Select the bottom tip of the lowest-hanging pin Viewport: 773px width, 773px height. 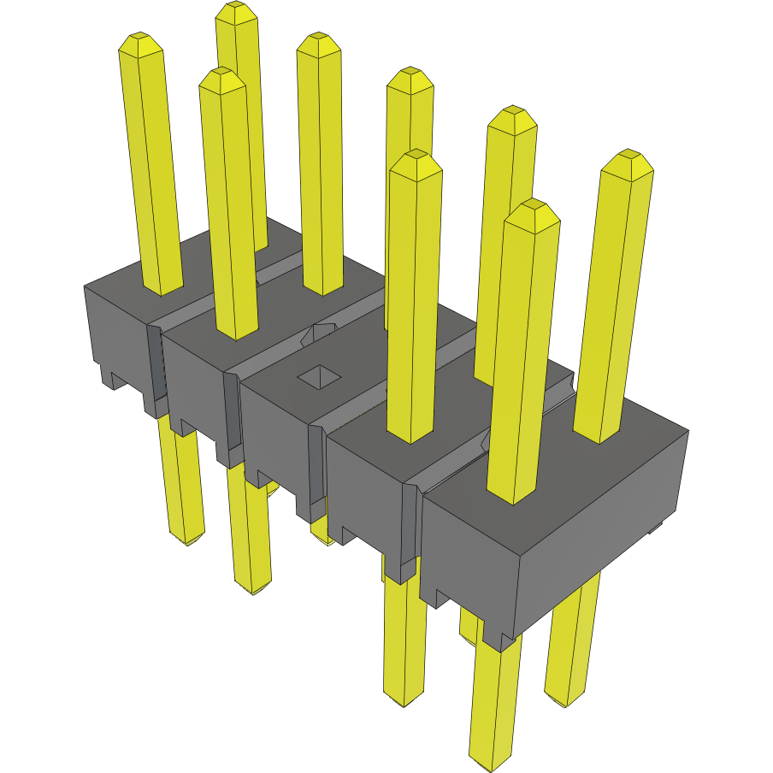[x=490, y=758]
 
